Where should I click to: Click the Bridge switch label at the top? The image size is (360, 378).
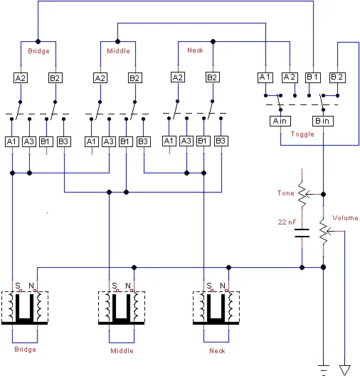click(38, 51)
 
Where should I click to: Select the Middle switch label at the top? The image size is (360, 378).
click(118, 51)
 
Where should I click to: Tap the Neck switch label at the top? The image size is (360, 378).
click(195, 50)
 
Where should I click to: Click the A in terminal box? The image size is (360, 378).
click(280, 121)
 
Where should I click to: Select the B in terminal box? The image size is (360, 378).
click(322, 121)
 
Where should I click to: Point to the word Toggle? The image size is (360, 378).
click(302, 133)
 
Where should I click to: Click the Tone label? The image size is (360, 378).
click(285, 193)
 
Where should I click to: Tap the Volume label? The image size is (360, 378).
click(345, 217)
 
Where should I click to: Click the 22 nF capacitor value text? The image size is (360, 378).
click(287, 222)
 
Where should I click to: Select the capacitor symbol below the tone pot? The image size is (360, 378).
click(302, 232)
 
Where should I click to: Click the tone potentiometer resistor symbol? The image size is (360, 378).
click(302, 193)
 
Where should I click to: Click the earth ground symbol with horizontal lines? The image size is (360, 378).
click(324, 367)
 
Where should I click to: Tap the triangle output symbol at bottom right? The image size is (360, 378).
click(345, 369)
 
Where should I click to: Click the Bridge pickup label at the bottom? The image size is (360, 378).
click(24, 349)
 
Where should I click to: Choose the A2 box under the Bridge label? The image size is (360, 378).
click(21, 77)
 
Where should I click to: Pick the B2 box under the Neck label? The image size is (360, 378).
click(212, 77)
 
